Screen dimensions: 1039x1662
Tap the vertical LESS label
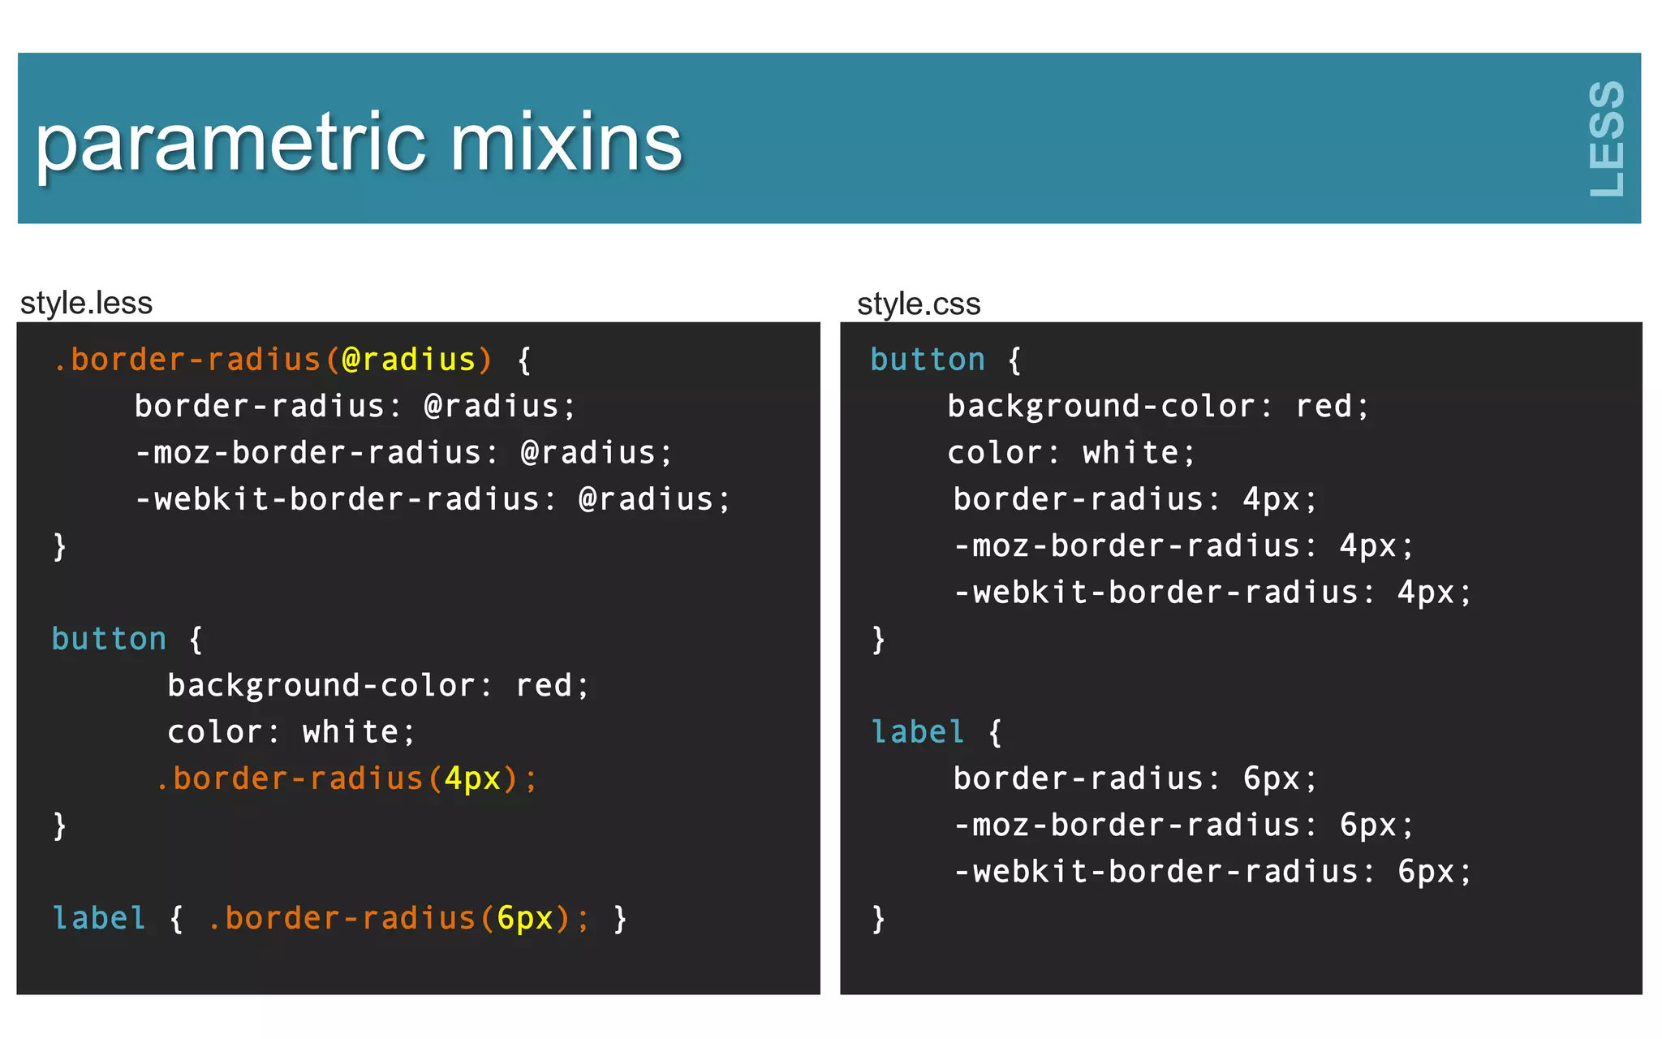(1606, 139)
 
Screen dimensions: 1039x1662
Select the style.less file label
(86, 303)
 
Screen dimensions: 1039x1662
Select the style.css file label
(919, 304)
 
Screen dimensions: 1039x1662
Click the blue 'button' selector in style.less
(109, 639)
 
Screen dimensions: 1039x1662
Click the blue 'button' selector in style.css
(928, 360)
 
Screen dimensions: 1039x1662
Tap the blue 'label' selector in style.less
(99, 918)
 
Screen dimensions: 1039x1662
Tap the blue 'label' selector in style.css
(918, 732)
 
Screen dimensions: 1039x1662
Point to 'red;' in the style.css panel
(1332, 406)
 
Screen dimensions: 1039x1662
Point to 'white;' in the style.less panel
(358, 732)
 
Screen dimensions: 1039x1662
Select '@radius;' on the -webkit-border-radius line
(654, 499)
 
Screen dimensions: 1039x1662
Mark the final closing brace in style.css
(878, 920)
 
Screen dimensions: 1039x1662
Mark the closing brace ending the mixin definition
(59, 546)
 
